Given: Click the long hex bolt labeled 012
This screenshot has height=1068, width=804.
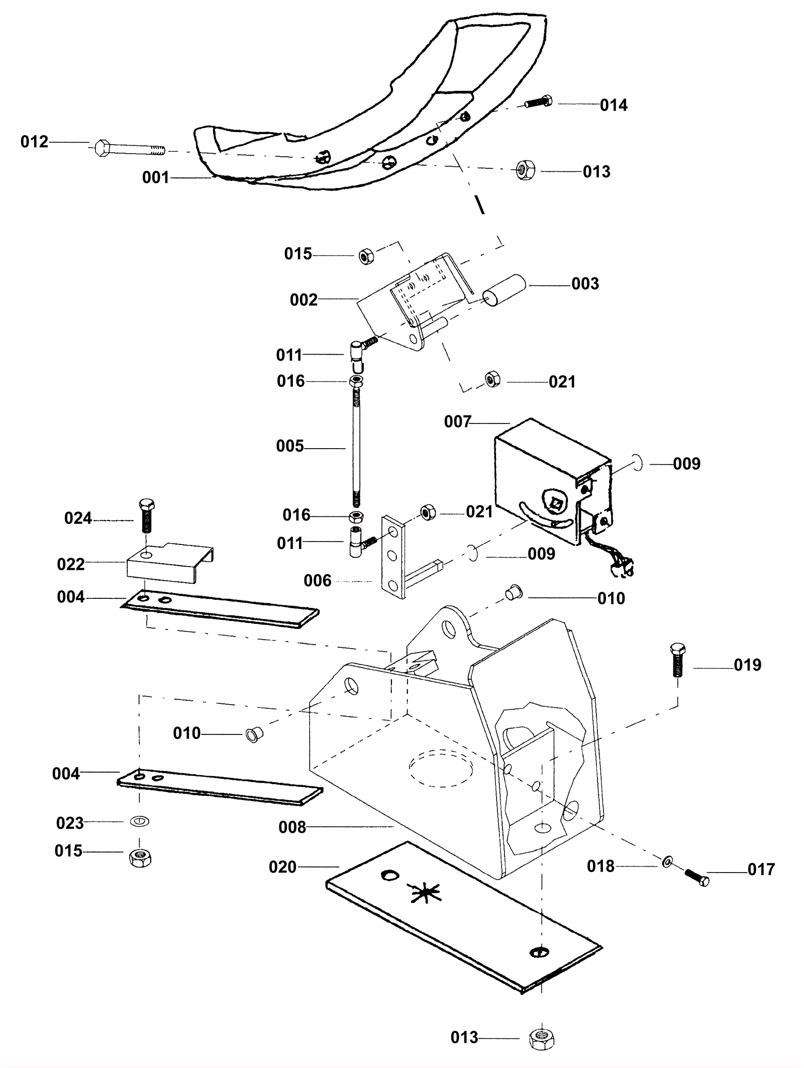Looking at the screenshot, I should tap(130, 149).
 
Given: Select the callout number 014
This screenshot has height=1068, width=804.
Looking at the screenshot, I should tap(614, 105).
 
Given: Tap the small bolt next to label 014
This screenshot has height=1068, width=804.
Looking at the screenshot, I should tap(538, 102).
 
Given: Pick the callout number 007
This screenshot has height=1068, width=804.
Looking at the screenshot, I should tap(457, 421).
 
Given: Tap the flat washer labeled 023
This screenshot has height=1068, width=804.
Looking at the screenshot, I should tap(139, 822).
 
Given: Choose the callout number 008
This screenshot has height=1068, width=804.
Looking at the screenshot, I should tap(292, 827).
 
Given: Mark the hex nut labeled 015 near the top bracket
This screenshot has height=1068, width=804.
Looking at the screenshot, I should tap(366, 257).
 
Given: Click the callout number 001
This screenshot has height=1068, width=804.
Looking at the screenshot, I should tap(155, 177).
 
